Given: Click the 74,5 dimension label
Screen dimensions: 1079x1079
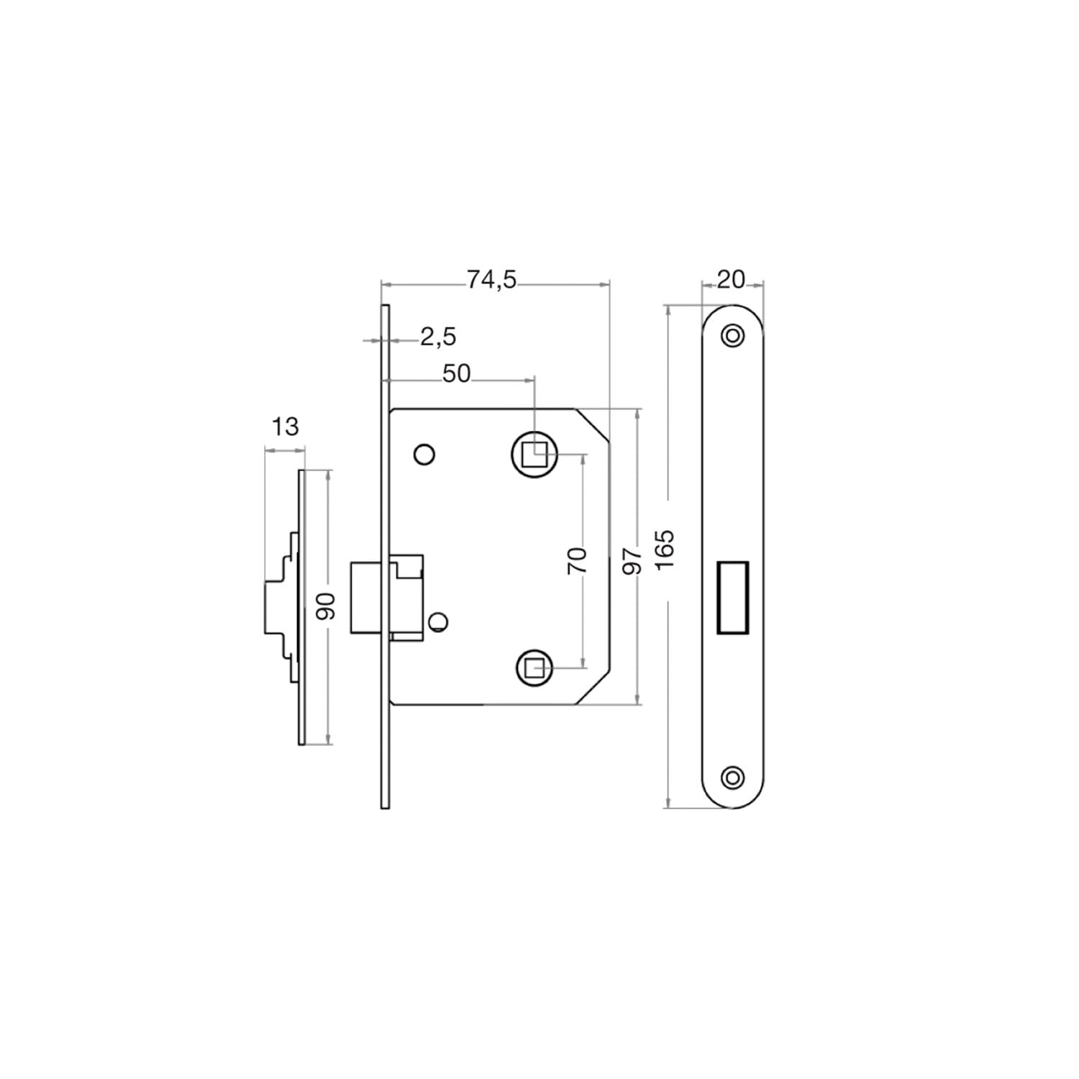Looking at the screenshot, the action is [x=491, y=279].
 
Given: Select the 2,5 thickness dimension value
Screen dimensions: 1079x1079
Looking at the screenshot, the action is [x=438, y=337].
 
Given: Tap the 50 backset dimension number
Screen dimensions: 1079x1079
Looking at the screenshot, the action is [x=456, y=373].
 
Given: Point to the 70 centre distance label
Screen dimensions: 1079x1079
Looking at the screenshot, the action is [x=577, y=560].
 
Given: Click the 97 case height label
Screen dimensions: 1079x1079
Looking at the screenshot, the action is [x=631, y=560].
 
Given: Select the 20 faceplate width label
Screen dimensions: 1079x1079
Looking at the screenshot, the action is [x=732, y=279].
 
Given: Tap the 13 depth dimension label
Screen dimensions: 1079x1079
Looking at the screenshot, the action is [x=285, y=427].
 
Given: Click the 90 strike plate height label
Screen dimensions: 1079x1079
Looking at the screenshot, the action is [x=327, y=606].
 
